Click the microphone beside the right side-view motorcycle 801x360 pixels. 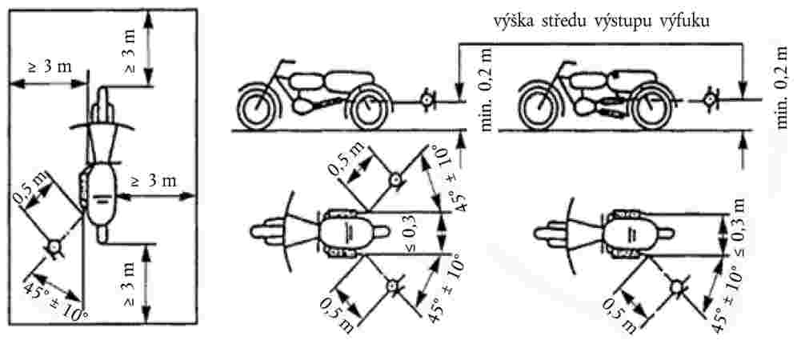(x=709, y=101)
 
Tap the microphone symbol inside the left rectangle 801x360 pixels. (x=55, y=248)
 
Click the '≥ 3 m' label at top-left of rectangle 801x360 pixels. (x=48, y=67)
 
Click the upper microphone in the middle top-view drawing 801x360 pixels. (x=394, y=180)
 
